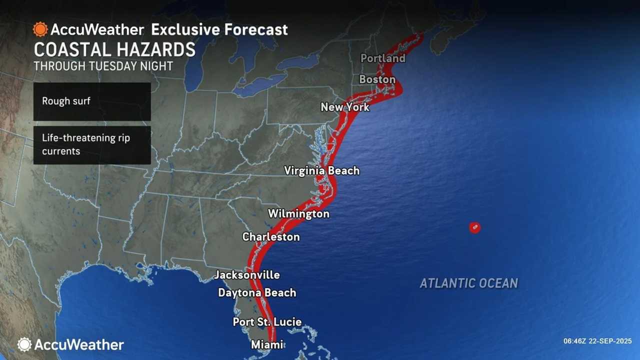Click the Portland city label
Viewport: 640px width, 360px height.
(x=382, y=58)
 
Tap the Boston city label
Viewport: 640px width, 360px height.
(x=377, y=79)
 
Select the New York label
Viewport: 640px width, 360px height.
(x=345, y=107)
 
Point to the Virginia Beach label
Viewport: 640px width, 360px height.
(x=321, y=170)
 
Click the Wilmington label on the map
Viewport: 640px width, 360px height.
(x=298, y=214)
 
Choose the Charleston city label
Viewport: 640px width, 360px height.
(x=271, y=236)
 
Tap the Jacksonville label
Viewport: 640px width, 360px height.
(x=247, y=275)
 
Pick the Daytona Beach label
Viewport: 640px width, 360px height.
(x=257, y=292)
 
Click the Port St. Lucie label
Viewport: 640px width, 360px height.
(x=267, y=322)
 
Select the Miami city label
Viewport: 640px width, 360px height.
(x=266, y=344)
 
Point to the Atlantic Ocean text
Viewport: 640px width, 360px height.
(x=468, y=283)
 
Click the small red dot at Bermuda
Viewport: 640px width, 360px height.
(x=474, y=227)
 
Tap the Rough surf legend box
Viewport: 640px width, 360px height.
(x=92, y=101)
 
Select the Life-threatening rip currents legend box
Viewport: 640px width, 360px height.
(x=92, y=144)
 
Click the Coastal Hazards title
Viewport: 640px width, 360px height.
(x=114, y=50)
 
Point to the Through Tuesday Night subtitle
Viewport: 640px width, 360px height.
(x=103, y=66)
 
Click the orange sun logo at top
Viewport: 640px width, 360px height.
(x=40, y=29)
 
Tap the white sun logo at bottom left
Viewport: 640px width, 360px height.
(x=24, y=344)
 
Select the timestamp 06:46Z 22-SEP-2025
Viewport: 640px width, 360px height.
(x=598, y=341)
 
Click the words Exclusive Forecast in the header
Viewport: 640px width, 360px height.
(x=219, y=29)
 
